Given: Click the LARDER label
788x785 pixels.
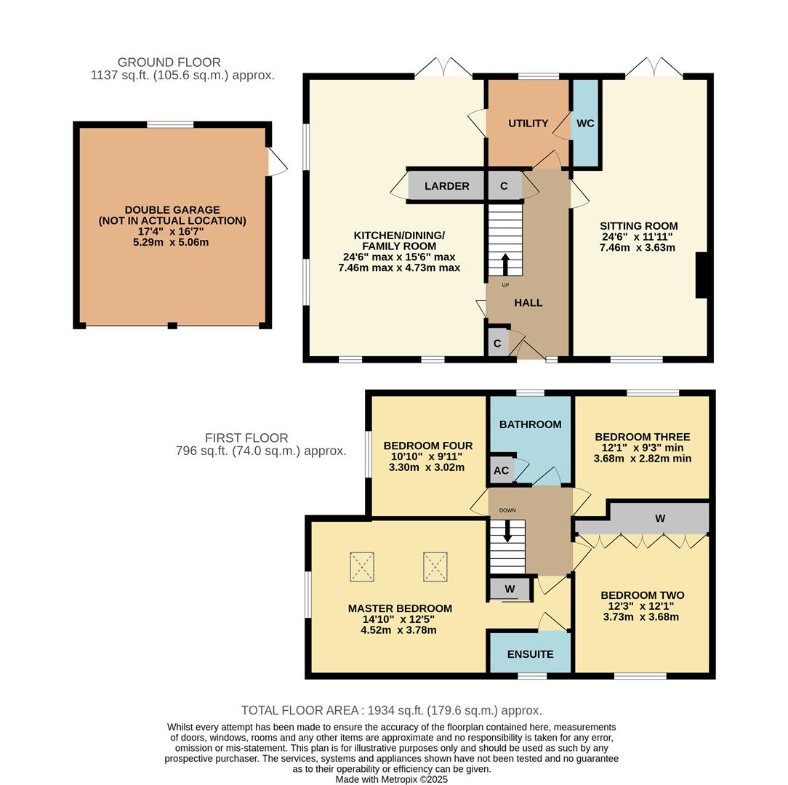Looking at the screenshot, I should click(x=446, y=186).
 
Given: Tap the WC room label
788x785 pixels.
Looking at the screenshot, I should click(x=585, y=124).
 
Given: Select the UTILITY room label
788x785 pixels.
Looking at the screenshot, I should click(x=528, y=124).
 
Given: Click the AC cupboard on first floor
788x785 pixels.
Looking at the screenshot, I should click(x=501, y=470).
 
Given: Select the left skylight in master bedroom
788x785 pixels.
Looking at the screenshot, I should click(x=362, y=566).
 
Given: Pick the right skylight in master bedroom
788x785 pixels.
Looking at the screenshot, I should click(x=435, y=566).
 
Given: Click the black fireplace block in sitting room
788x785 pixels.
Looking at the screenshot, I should click(x=701, y=275).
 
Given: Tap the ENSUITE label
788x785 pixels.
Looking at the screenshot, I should click(x=530, y=654).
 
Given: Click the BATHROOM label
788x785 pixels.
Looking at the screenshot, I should click(x=530, y=424).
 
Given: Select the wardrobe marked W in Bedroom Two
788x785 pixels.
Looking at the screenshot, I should click(x=659, y=518).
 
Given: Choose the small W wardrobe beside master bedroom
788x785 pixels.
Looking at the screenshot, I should click(x=510, y=589).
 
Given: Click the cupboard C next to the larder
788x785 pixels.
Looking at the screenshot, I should click(x=504, y=186).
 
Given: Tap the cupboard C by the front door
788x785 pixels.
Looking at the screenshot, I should click(x=497, y=343).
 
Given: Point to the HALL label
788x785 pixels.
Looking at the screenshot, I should click(x=528, y=302).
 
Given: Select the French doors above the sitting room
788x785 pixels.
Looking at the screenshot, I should click(x=654, y=68).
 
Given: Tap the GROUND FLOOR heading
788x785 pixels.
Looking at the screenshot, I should click(x=169, y=63).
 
